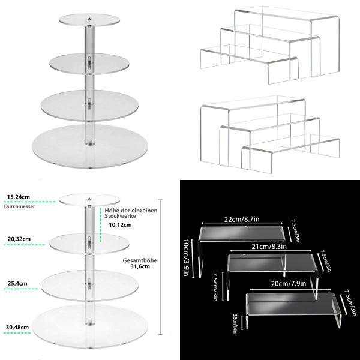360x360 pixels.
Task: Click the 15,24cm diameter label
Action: tap(19, 196)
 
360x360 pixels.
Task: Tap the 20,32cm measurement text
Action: tap(19, 238)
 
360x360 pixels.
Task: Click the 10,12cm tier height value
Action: tap(119, 226)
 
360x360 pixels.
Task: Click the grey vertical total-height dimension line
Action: tap(160, 267)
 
